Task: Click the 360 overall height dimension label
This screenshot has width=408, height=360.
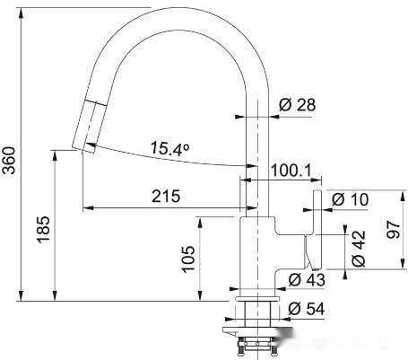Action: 9,160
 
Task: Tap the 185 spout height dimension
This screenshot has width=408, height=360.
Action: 43,230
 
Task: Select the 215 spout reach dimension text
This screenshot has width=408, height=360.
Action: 166,197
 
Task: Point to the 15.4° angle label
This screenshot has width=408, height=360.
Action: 169,149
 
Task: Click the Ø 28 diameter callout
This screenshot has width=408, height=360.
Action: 297,105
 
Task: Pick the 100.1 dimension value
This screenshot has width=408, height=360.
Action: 291,171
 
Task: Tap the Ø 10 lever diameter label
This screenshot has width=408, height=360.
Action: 350,199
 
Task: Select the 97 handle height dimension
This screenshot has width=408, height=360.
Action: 394,230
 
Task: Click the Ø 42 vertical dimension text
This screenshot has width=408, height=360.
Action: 359,249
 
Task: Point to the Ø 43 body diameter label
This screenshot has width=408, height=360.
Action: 307,280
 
